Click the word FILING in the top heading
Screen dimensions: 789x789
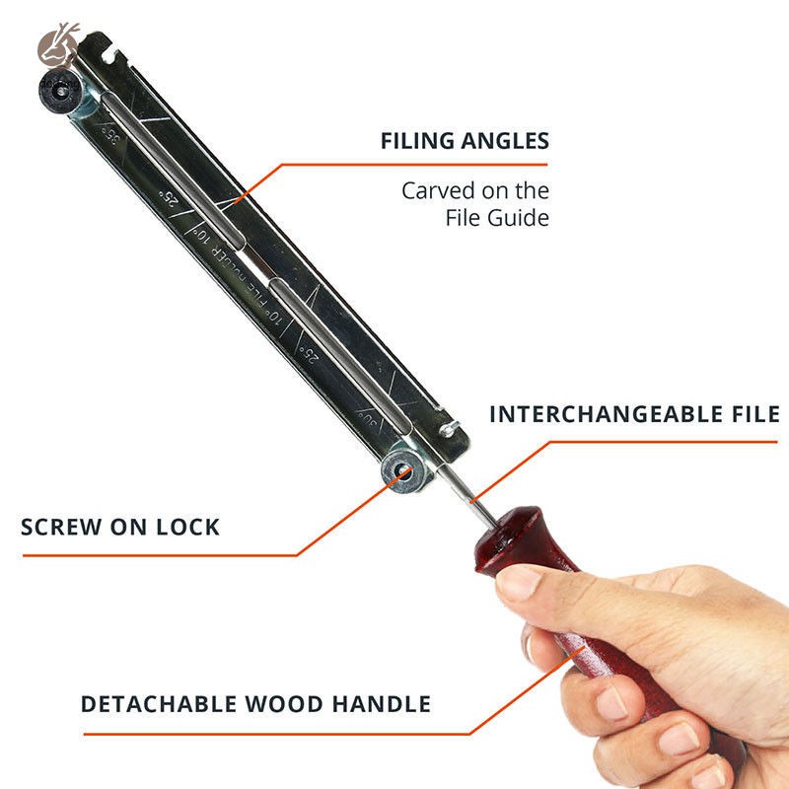418,141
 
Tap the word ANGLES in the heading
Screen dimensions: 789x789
506,141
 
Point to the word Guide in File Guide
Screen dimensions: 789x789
519,218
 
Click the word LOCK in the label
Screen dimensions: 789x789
188,527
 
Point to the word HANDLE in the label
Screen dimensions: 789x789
381,704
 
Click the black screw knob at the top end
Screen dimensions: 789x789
58,93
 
